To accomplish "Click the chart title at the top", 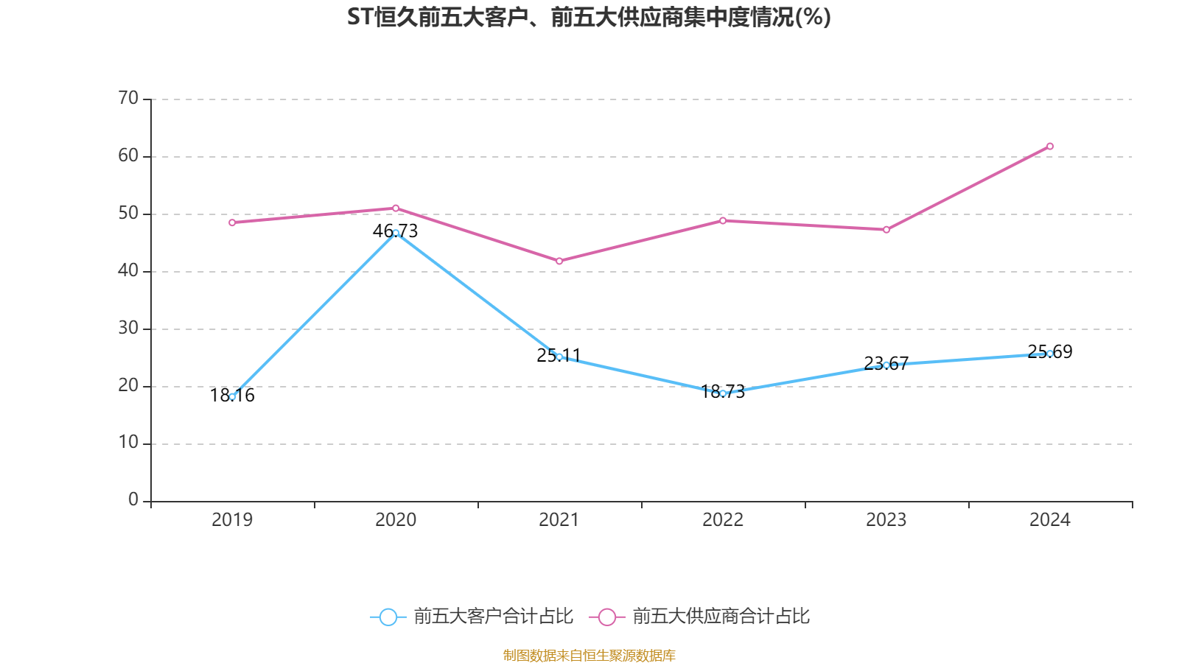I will (x=589, y=17).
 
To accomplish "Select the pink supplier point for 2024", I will (x=1050, y=147).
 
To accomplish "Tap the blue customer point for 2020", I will (x=396, y=233).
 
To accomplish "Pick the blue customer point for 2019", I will (x=232, y=397).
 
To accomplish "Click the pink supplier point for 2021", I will (x=559, y=262).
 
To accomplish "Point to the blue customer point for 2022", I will (x=723, y=394).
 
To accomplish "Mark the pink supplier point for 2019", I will (x=232, y=222).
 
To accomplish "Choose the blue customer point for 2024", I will (x=1050, y=354).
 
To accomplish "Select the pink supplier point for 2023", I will (x=886, y=230).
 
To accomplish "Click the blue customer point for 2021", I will (x=559, y=357).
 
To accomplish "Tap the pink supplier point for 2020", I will (x=396, y=208).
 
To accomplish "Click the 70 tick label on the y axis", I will (x=128, y=98).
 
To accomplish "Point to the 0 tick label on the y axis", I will (x=133, y=500).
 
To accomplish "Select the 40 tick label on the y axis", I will (x=128, y=270).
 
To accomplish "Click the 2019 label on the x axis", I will (x=232, y=520).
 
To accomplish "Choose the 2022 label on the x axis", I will (x=723, y=520).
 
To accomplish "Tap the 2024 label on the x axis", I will (x=1050, y=520).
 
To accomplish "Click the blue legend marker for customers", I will (x=388, y=617).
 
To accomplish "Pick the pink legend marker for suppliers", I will (x=607, y=617).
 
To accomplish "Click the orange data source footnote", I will (x=589, y=655).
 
